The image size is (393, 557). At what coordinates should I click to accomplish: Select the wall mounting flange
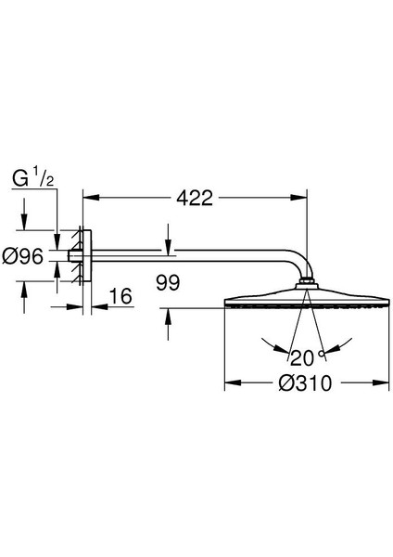(84, 255)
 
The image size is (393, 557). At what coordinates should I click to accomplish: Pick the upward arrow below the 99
(167, 314)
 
